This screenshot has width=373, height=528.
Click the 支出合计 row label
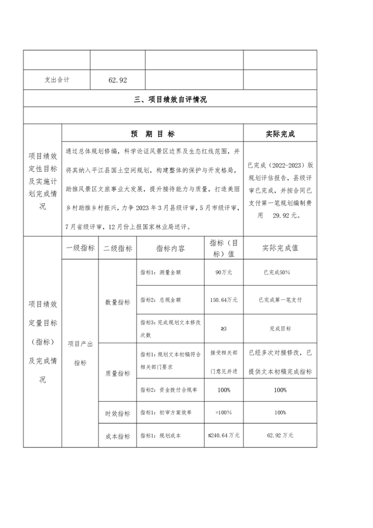pos(57,80)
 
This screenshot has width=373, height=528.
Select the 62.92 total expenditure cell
pos(117,80)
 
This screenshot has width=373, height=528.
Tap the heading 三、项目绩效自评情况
pos(170,100)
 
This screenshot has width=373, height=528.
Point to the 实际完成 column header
pos(280,134)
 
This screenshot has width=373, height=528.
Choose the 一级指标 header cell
pos(80,248)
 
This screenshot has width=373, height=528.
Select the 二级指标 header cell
pos(117,248)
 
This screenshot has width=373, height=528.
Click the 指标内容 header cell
pos(170,248)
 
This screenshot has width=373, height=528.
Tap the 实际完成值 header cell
pos(280,248)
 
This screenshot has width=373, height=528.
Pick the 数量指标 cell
pos(117,302)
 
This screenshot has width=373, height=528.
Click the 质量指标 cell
pos(117,373)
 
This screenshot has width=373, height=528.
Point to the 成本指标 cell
pos(117,436)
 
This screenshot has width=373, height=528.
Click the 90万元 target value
pos(223,273)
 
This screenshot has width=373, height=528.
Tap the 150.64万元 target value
pos(223,300)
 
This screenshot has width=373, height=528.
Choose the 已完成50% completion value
pos(280,273)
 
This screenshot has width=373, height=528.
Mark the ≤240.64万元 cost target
pos(223,436)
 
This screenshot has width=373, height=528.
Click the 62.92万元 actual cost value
pos(280,436)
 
